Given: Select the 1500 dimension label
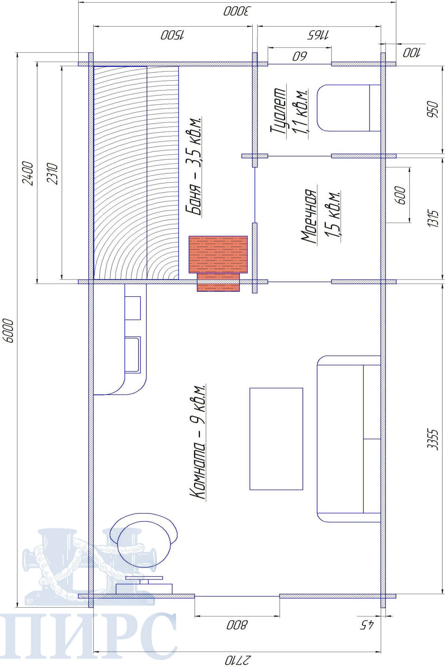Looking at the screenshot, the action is tap(173, 35).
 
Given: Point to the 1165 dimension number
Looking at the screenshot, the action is tap(318, 35).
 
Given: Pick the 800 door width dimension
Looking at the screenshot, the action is tap(237, 625).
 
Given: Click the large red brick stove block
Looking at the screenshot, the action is tap(218, 254).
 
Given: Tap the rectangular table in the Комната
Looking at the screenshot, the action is tap(276, 438).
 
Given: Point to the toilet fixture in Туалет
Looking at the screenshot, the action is tap(348, 108).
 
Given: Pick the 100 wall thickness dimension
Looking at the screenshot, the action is tap(411, 53).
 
